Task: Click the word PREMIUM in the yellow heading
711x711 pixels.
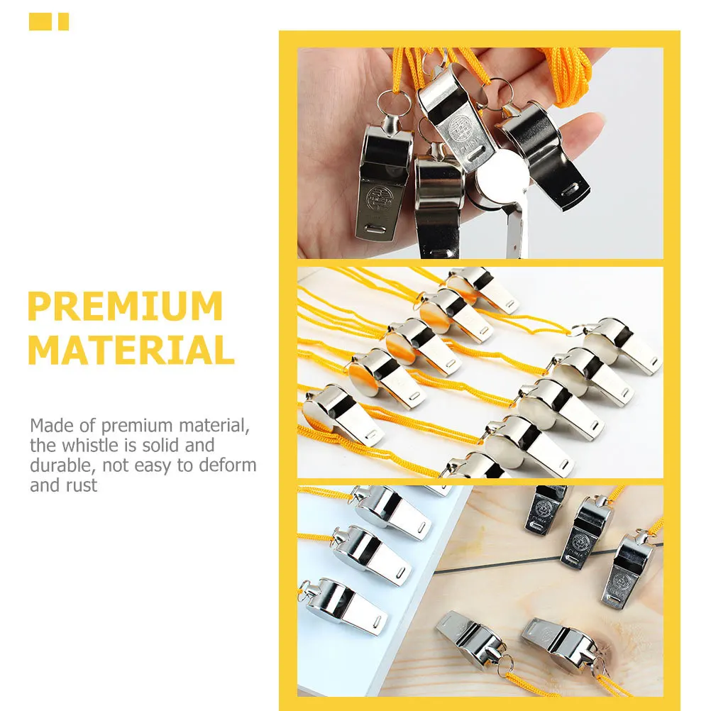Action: coord(125,307)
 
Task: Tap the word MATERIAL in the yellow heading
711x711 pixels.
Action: coord(131,350)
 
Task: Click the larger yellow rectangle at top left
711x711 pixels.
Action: coord(40,22)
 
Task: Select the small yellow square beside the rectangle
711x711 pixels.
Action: coord(64,22)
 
